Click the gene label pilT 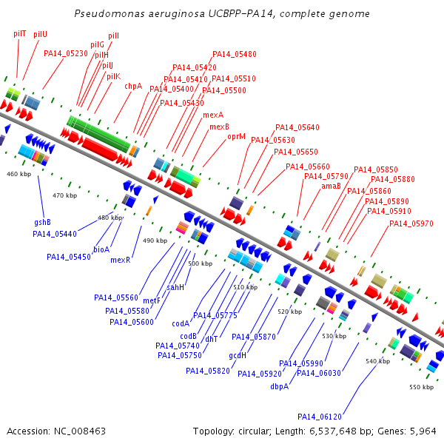pyautogui.click(x=20, y=34)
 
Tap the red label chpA pyautogui.click(x=133, y=86)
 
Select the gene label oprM pyautogui.click(x=237, y=137)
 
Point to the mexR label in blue pyautogui.click(x=121, y=260)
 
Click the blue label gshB pyautogui.click(x=42, y=222)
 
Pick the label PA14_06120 pyautogui.click(x=320, y=417)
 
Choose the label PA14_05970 pyautogui.click(x=411, y=223)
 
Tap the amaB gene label pyautogui.click(x=331, y=186)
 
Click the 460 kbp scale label pyautogui.click(x=18, y=174)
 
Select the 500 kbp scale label pyautogui.click(x=201, y=263)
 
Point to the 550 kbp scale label pyautogui.click(x=421, y=387)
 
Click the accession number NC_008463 pyautogui.click(x=80, y=431)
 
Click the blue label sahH pyautogui.click(x=175, y=287)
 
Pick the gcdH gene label pyautogui.click(x=238, y=355)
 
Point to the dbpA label pyautogui.click(x=279, y=386)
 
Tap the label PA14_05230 pyautogui.click(x=66, y=53)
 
